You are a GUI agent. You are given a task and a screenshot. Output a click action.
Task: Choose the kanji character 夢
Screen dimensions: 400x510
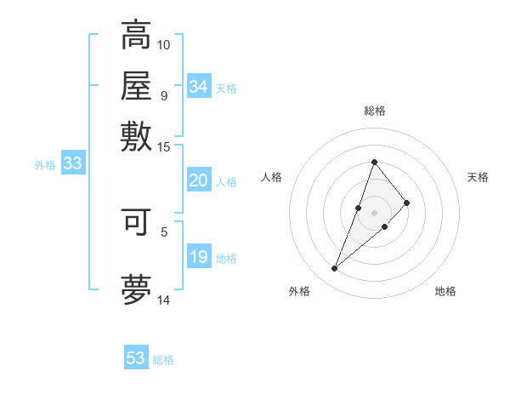[x=136, y=289]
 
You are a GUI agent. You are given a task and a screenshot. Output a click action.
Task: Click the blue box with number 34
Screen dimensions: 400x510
[x=199, y=87]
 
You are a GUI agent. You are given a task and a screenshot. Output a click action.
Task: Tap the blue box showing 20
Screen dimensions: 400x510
[x=198, y=180]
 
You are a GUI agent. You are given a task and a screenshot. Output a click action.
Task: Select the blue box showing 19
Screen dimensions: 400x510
[x=198, y=258]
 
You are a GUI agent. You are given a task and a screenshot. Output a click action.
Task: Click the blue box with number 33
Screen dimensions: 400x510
[x=72, y=164]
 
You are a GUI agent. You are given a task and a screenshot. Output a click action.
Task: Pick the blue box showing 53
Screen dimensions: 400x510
[x=136, y=358]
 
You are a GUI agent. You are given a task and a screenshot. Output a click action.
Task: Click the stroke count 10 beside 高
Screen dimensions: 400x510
[x=164, y=43]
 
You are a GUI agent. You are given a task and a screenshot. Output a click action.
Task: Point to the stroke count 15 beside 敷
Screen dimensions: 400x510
[x=164, y=146]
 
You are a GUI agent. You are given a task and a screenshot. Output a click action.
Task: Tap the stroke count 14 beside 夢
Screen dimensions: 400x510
[x=164, y=300]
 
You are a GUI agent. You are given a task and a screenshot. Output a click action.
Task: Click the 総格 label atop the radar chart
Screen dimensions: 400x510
[x=374, y=111]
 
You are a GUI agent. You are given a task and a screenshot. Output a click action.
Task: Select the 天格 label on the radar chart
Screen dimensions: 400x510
[x=478, y=177]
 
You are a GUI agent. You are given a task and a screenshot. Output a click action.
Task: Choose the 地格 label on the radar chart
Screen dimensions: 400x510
[x=445, y=291]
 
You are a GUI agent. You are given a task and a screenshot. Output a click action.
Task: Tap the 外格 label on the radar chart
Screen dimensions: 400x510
[x=299, y=291]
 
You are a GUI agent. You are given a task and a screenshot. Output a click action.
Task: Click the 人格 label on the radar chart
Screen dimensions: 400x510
[x=272, y=177]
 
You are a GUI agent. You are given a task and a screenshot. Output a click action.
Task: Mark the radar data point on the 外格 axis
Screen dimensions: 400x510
[x=335, y=269]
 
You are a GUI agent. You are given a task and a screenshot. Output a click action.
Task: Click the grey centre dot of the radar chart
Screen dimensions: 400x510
[x=374, y=212]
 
